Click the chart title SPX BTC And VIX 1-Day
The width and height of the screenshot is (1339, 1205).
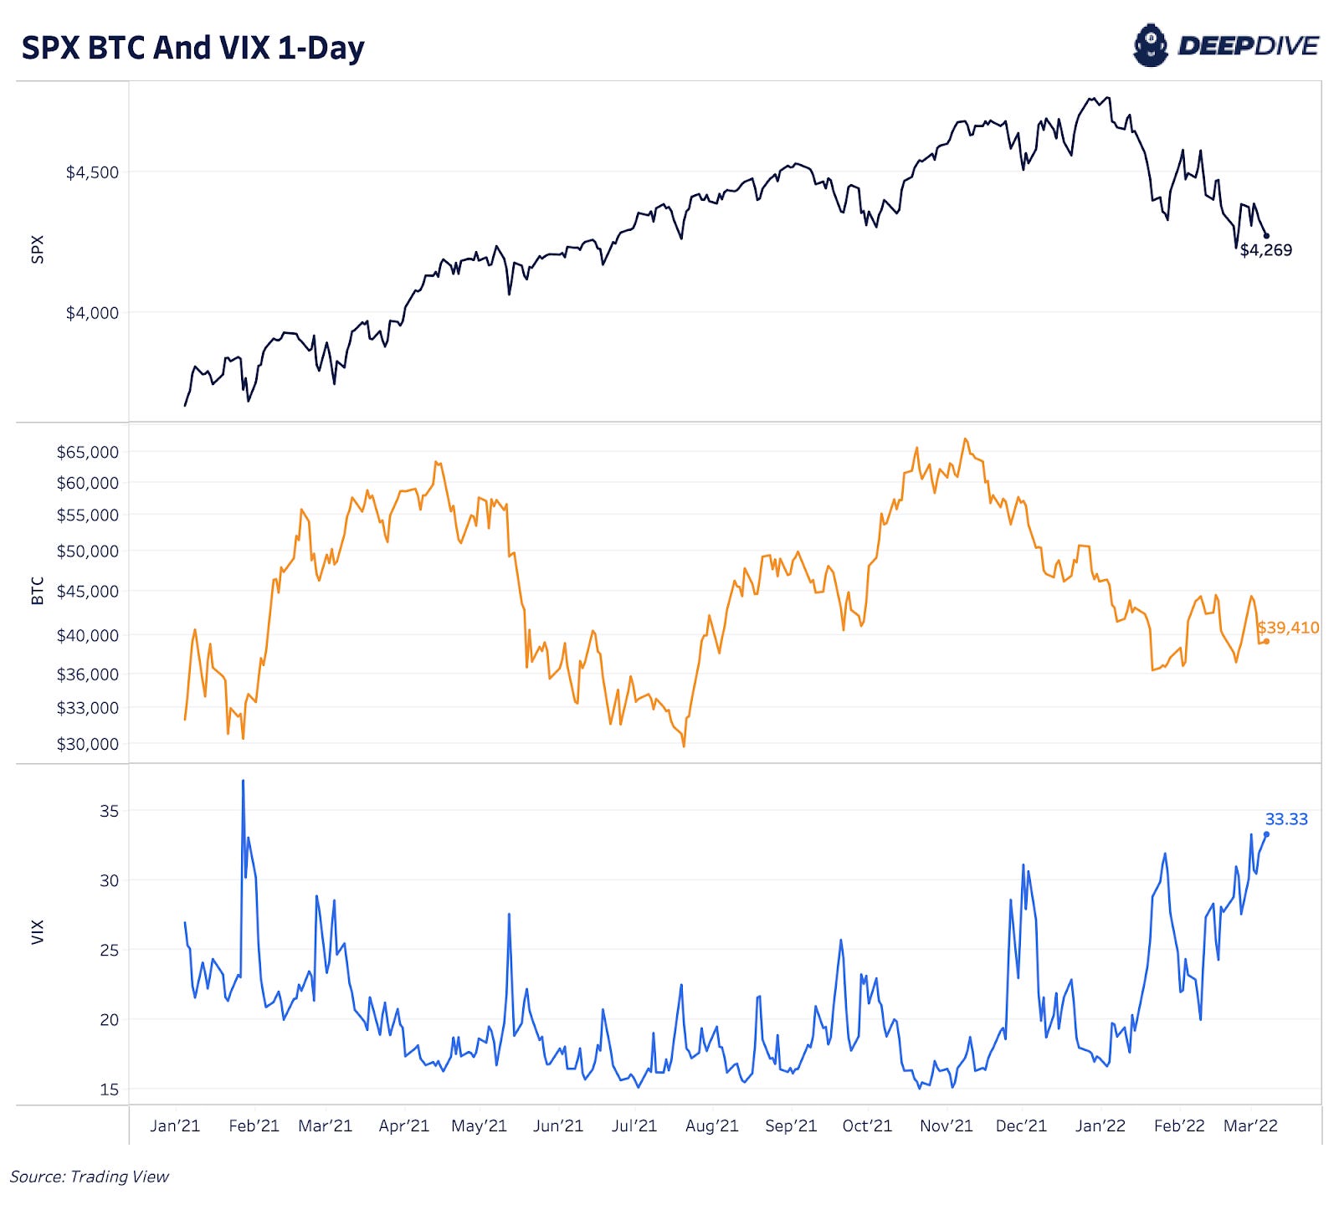tap(192, 48)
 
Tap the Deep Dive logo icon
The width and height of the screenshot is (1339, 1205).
tap(1150, 45)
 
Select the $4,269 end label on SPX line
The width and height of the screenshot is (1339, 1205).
tap(1265, 250)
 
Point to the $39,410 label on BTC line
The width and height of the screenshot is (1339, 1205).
tap(1288, 628)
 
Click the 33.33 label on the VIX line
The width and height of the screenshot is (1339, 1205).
tap(1285, 819)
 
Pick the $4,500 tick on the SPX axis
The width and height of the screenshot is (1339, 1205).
tap(92, 172)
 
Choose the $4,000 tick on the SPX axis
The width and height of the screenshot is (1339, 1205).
tap(92, 313)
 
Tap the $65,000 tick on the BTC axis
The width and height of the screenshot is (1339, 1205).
tap(87, 452)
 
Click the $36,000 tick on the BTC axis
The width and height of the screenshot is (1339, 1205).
tap(87, 674)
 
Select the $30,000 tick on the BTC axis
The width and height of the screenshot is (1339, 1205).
tap(87, 744)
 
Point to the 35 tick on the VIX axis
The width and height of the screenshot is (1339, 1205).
tap(109, 811)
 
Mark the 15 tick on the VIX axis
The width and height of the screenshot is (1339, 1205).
tap(109, 1090)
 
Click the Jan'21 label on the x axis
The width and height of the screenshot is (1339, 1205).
tap(175, 1126)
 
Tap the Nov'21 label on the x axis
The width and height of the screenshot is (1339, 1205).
tap(946, 1126)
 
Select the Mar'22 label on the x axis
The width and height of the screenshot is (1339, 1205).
tap(1250, 1126)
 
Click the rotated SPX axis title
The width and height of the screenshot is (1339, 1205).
tap(37, 249)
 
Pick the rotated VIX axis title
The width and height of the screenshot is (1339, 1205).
tap(37, 932)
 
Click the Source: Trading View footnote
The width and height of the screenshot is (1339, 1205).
tap(90, 1177)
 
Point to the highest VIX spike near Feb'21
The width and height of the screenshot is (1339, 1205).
tap(243, 781)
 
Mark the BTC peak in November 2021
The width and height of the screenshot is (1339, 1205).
tap(965, 438)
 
